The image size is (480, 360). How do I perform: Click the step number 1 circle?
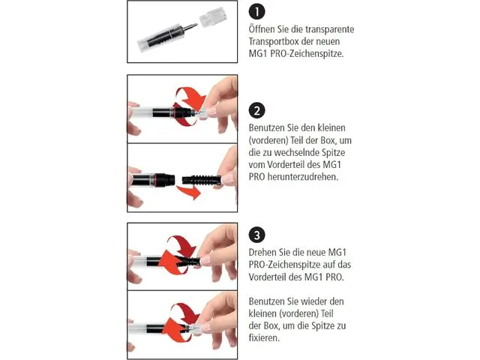257,12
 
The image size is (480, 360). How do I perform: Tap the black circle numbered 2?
257,110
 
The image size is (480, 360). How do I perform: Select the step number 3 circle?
257,232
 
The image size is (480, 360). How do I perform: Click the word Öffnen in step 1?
263,30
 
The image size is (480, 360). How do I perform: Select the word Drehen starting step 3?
264,251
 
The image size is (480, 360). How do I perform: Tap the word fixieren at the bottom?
266,338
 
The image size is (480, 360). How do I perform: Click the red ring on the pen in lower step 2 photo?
160,179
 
